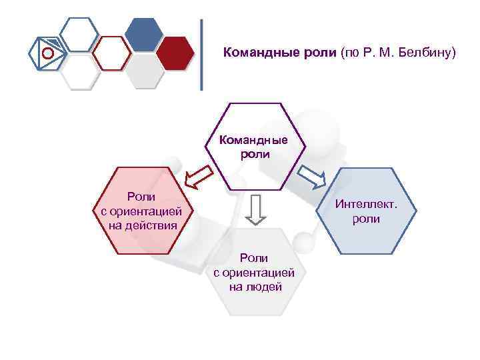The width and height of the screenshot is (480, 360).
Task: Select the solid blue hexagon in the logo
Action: pos(144,33)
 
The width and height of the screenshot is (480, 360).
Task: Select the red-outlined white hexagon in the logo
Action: pos(111,53)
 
